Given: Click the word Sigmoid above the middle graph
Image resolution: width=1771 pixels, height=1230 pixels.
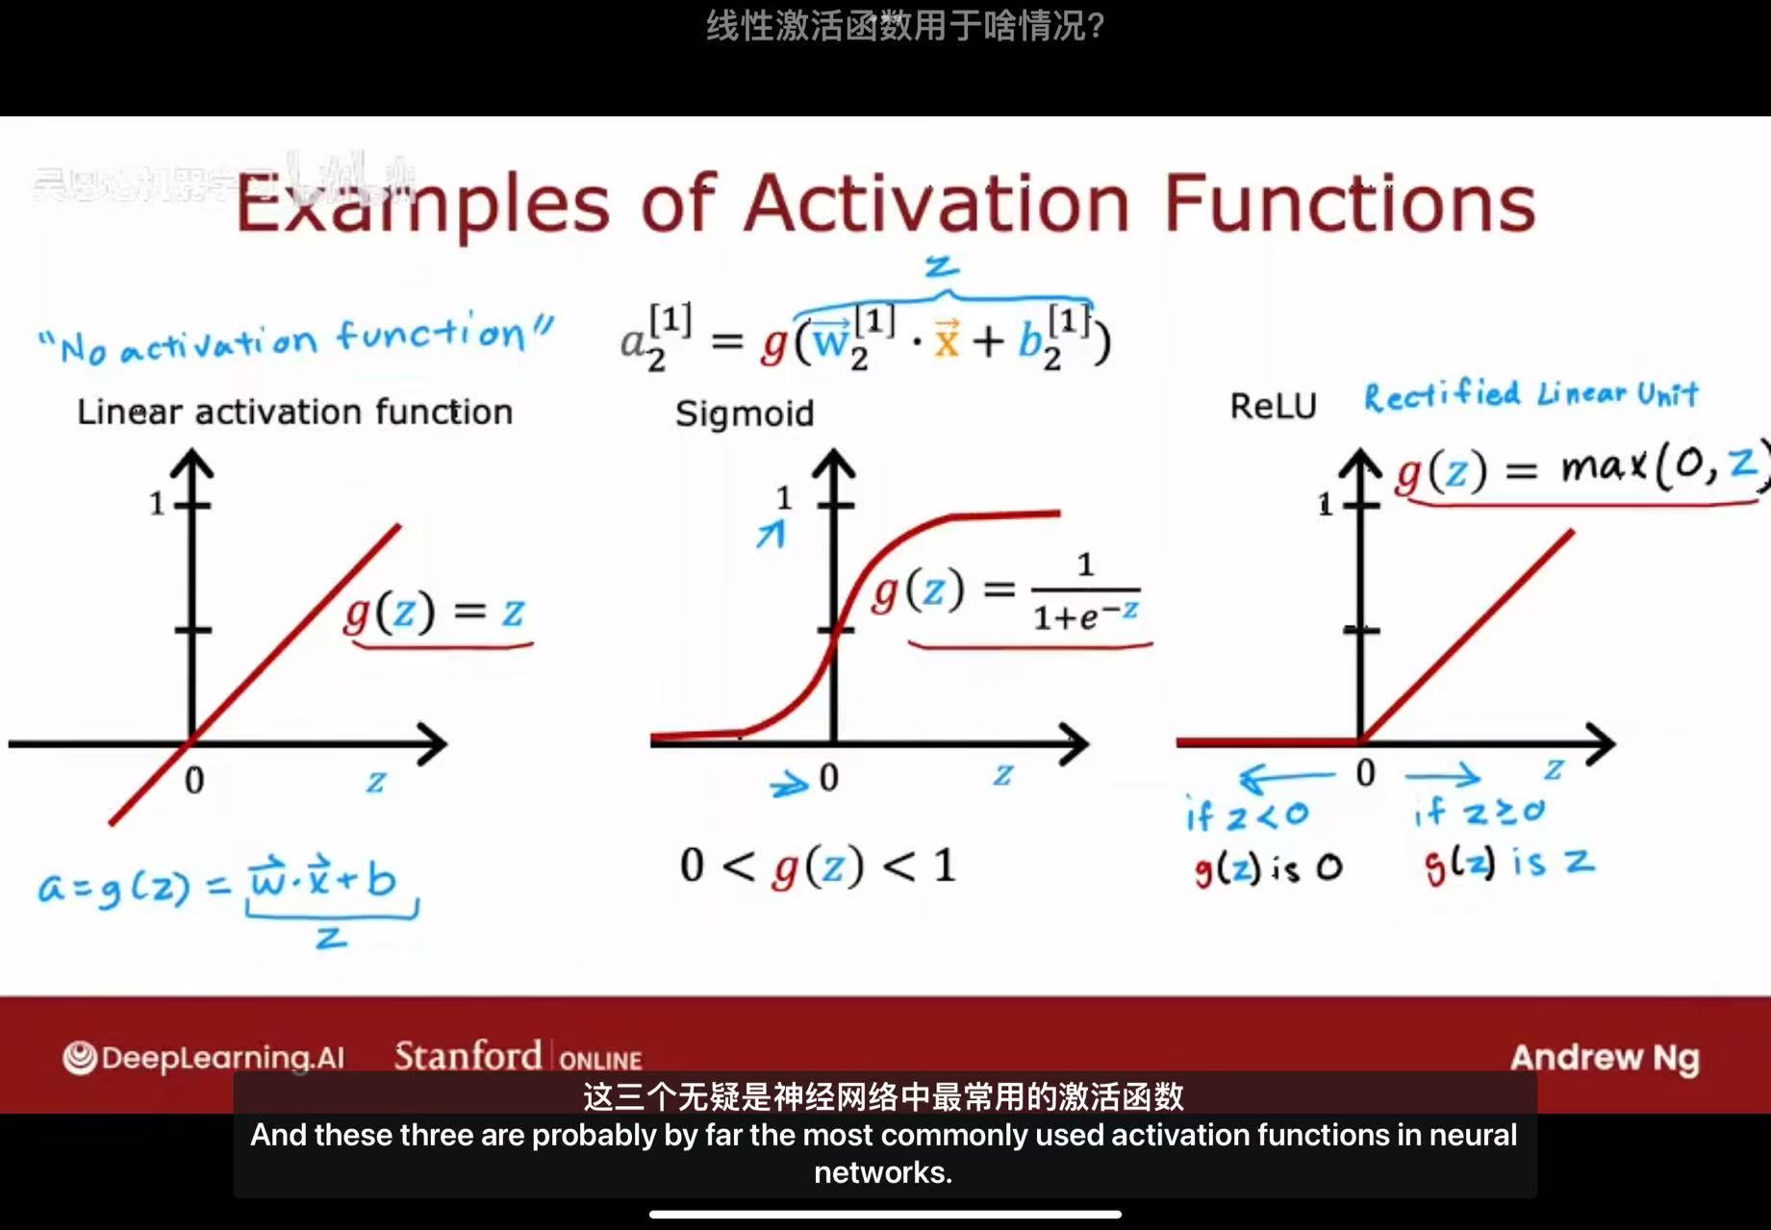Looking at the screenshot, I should [x=745, y=414].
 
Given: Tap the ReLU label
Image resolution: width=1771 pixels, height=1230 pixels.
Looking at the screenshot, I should [x=1273, y=406].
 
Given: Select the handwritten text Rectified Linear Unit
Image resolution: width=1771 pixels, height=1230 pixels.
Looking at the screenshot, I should [x=1531, y=394].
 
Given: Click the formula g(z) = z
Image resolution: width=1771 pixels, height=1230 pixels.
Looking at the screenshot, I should [x=435, y=612].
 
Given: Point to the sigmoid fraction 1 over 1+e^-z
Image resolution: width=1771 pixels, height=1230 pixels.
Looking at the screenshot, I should [x=1085, y=590].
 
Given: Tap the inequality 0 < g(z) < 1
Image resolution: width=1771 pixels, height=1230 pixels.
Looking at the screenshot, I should [x=818, y=866].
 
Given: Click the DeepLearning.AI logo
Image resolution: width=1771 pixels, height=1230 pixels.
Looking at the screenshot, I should [x=204, y=1058].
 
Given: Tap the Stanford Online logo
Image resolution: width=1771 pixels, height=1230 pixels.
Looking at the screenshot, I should [x=518, y=1057].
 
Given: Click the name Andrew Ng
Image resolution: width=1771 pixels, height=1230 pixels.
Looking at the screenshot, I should [x=1605, y=1058].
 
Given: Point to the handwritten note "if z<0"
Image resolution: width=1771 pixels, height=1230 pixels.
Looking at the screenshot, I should [x=1247, y=816].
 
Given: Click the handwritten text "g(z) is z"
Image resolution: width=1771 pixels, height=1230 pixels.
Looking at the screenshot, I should [x=1508, y=864].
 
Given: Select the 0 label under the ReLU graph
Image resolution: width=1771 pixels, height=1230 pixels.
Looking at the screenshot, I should [x=1365, y=773].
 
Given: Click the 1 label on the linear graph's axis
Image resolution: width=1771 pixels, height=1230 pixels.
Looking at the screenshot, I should [x=157, y=503].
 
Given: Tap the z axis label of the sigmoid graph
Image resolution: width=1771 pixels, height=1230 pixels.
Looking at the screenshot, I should [x=1003, y=774].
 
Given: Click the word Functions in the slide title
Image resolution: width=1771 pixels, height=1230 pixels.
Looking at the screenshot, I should [x=1349, y=204].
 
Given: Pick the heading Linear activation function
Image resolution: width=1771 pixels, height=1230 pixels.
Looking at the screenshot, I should [x=294, y=412].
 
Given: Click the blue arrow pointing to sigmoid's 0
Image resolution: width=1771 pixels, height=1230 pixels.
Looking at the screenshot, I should [x=789, y=785].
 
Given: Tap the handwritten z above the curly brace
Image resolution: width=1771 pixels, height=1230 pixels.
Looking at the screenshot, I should [x=942, y=265].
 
